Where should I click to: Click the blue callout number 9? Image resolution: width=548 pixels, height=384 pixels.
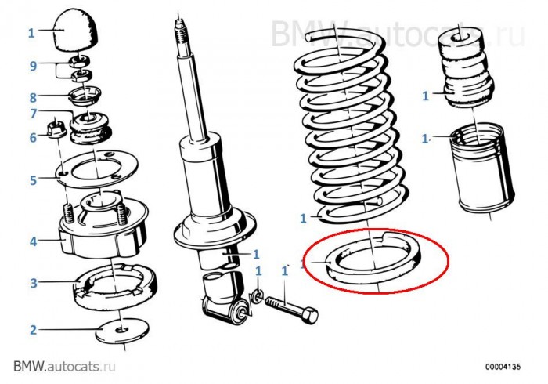(x=33, y=65)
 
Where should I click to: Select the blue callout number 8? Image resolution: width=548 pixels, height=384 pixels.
(x=33, y=97)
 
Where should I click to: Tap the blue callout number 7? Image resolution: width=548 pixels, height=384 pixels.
(x=33, y=114)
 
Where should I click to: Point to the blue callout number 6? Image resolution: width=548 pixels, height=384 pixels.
(x=33, y=137)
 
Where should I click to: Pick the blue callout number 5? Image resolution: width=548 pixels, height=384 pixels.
(x=33, y=180)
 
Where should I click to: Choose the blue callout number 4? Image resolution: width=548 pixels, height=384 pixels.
(x=33, y=241)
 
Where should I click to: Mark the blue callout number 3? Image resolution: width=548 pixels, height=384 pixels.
(x=33, y=283)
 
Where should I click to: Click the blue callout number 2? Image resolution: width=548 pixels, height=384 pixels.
(x=33, y=329)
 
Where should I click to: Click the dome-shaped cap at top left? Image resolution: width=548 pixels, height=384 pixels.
(x=76, y=31)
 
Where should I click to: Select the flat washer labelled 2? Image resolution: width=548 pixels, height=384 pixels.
(x=122, y=331)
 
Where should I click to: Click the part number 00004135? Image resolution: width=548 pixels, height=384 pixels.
(x=503, y=367)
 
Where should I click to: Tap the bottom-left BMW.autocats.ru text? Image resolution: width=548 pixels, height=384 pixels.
(x=64, y=366)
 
